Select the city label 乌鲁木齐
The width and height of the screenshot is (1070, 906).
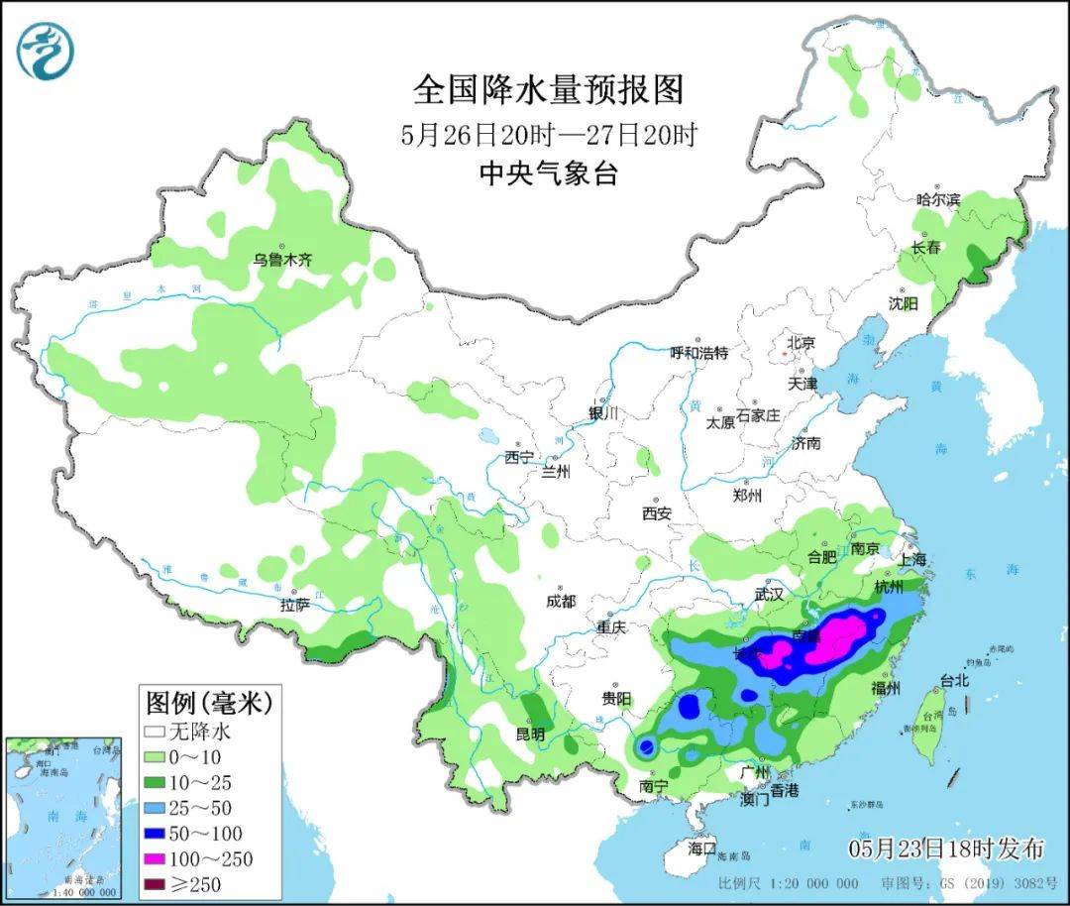[x=281, y=260]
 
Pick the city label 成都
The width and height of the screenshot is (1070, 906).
[x=560, y=601]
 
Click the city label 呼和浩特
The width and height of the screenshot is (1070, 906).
[x=698, y=352]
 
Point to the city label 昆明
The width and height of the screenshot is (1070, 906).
[x=530, y=735]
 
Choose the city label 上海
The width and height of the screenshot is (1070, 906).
[x=912, y=559]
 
